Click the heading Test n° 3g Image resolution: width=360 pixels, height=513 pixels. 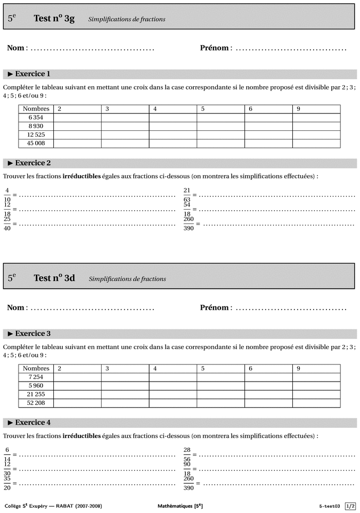[54, 19]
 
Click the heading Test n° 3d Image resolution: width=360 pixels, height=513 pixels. [54, 278]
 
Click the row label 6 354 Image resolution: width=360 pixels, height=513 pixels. [36, 118]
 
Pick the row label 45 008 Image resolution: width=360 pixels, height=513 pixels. [36, 143]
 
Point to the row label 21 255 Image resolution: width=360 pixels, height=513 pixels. [36, 394]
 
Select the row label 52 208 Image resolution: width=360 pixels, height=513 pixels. [36, 403]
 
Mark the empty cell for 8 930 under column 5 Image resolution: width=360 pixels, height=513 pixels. [220, 126]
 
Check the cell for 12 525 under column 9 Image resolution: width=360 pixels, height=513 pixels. [316, 135]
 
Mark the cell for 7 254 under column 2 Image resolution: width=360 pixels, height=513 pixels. [77, 377]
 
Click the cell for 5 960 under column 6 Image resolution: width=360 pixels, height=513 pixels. [268, 386]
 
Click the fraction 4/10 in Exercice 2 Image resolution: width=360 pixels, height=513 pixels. [7, 195]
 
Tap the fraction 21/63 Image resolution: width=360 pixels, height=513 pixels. [187, 195]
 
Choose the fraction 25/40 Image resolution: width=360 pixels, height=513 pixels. [7, 224]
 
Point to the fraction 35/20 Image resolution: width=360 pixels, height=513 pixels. [7, 484]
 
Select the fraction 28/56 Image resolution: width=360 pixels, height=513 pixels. [187, 454]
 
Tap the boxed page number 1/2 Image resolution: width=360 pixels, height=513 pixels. [350, 506]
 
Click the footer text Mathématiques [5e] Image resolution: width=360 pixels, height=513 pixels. [180, 506]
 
